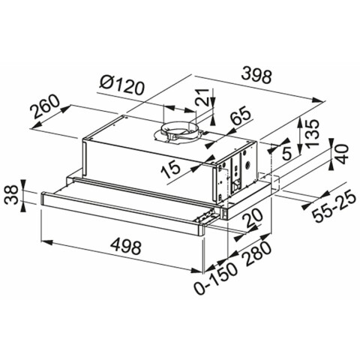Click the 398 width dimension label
pos(257,76)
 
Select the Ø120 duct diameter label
pos(122,85)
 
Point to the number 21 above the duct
pos(202,97)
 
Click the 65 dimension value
pos(240,116)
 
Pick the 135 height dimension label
pos(313,133)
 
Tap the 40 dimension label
pos(342,154)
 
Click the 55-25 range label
pos(334,206)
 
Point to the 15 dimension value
pos(170,170)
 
